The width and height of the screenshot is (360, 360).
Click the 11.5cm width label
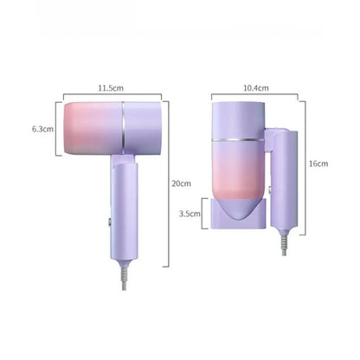111,88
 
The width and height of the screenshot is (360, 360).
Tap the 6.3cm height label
42,129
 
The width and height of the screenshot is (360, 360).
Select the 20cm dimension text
181,183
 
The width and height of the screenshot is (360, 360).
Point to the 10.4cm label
256,88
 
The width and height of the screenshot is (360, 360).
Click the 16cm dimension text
318,164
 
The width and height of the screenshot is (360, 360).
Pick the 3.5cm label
190,214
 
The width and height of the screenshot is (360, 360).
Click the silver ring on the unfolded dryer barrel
123,127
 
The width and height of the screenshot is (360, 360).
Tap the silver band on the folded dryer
237,140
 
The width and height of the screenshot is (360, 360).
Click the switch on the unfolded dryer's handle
111,222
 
